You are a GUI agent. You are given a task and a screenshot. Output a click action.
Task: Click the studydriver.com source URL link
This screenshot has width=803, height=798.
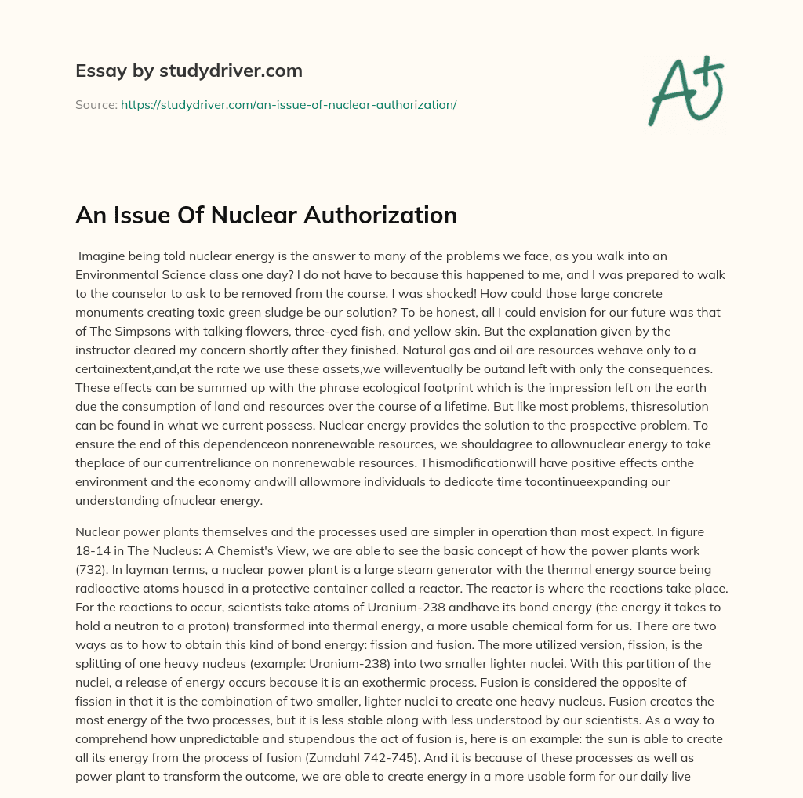coord(289,104)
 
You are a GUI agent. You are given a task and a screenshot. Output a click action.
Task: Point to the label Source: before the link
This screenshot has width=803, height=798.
coord(96,104)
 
